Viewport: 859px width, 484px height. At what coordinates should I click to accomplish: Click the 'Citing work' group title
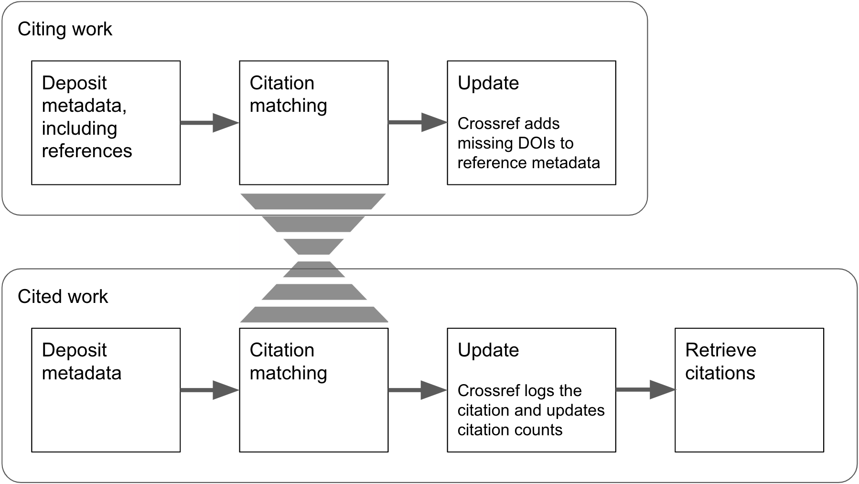64,29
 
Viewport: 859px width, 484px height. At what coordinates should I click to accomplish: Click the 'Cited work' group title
63,297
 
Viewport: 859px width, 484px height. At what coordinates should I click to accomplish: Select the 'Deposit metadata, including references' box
106,123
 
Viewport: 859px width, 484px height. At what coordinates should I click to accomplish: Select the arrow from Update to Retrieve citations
645,389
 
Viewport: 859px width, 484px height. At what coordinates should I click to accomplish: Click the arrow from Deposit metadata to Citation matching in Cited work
210,390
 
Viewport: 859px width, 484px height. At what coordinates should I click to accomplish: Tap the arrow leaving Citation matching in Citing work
418,122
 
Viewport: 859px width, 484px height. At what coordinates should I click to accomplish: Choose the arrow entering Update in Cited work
418,390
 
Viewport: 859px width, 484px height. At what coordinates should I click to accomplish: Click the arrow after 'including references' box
210,123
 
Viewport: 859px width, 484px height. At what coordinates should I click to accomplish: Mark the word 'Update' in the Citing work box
488,83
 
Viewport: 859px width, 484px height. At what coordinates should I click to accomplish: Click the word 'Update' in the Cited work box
488,350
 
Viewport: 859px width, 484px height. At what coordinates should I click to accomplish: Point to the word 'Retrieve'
720,350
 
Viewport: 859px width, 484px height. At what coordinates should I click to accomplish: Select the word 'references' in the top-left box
86,151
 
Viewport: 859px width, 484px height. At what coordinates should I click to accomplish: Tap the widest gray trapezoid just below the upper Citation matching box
313,201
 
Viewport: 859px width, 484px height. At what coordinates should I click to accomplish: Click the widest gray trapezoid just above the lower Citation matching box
313,314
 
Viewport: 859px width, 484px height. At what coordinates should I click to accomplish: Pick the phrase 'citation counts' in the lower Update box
510,430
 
